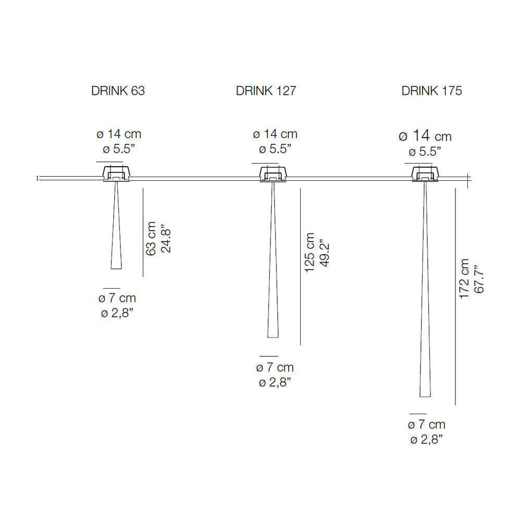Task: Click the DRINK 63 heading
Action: pyautogui.click(x=118, y=91)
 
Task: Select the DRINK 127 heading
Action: pyautogui.click(x=266, y=91)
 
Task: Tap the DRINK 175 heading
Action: pyautogui.click(x=431, y=91)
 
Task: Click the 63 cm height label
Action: pyautogui.click(x=151, y=239)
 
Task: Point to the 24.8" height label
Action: pyautogui.click(x=166, y=241)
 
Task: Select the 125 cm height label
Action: pyautogui.click(x=309, y=253)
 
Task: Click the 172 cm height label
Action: pyautogui.click(x=464, y=279)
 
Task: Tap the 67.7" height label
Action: pyautogui.click(x=479, y=279)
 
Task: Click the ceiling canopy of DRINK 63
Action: pyautogui.click(x=116, y=173)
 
